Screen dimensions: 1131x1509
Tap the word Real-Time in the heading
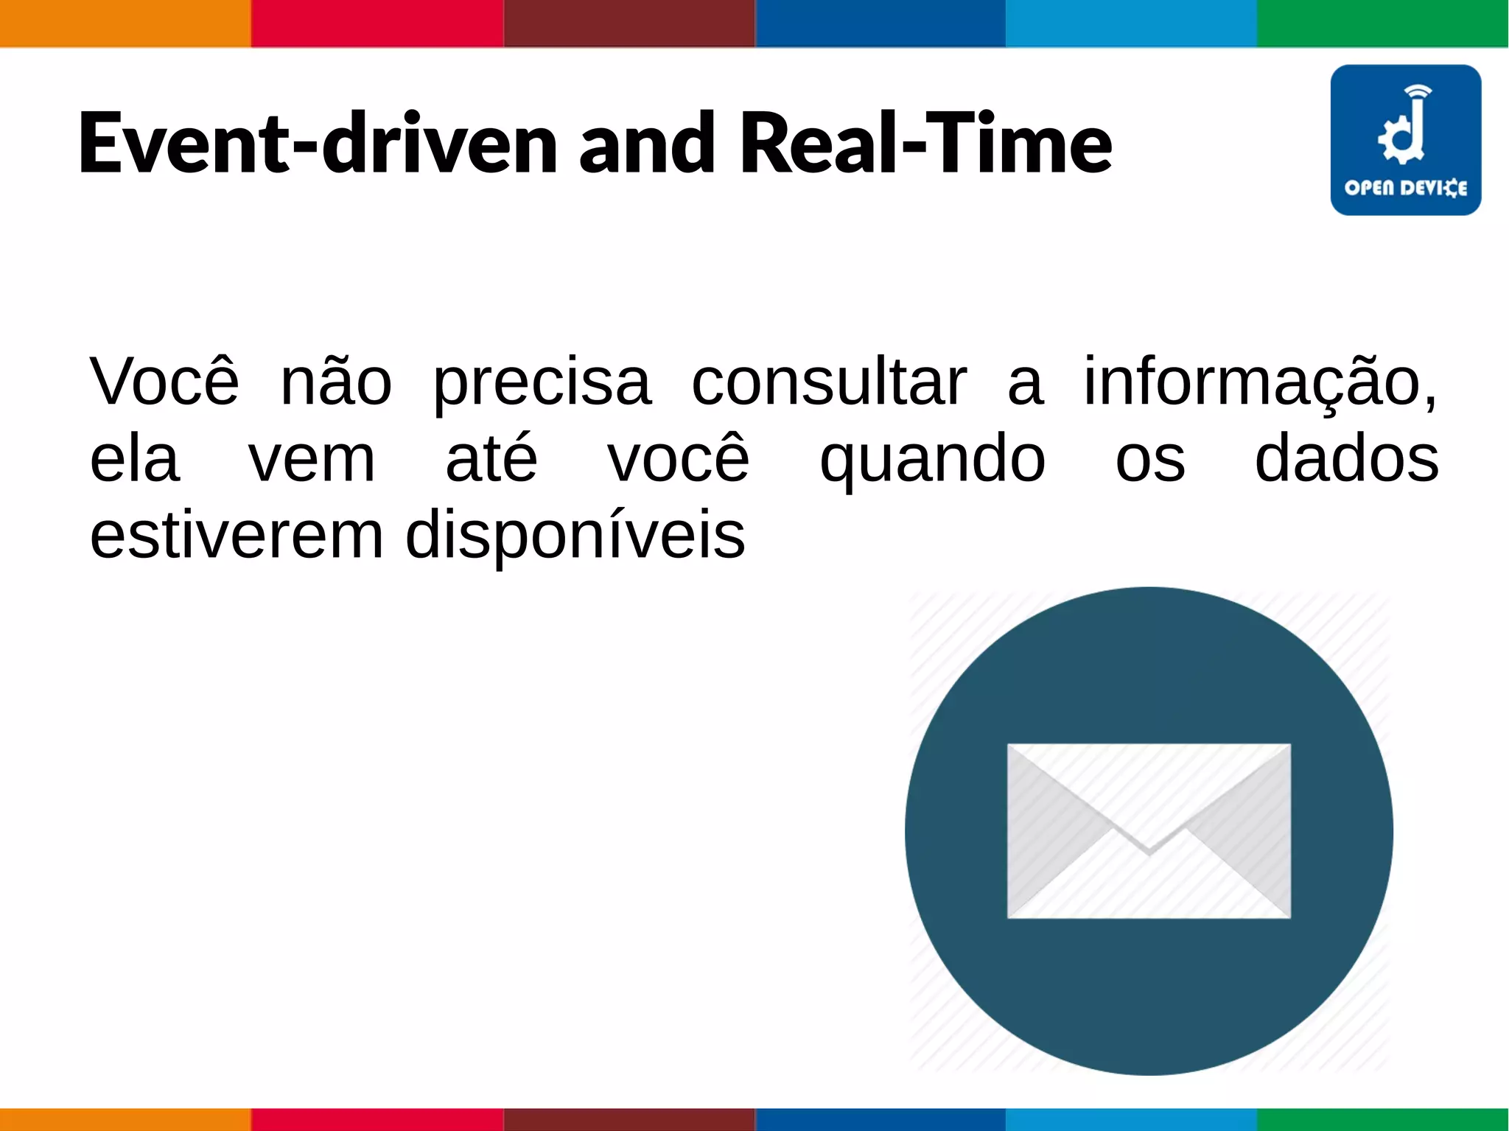coord(925,143)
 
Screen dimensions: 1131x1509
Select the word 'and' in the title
coord(646,143)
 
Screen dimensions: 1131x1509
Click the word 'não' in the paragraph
coord(336,382)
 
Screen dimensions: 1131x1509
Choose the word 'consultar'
coord(829,382)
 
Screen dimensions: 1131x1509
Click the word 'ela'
coord(135,459)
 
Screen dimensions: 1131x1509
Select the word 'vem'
coord(312,461)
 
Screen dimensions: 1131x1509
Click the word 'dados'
coord(1346,459)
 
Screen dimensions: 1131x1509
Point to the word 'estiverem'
coord(237,536)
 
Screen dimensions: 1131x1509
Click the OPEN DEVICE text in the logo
coord(1405,189)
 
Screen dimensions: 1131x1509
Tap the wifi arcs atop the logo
coord(1418,91)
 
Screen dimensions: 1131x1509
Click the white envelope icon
coord(1149,830)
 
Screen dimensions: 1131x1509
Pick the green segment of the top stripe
coord(1383,23)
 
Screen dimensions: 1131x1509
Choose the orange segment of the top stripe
coord(125,23)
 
